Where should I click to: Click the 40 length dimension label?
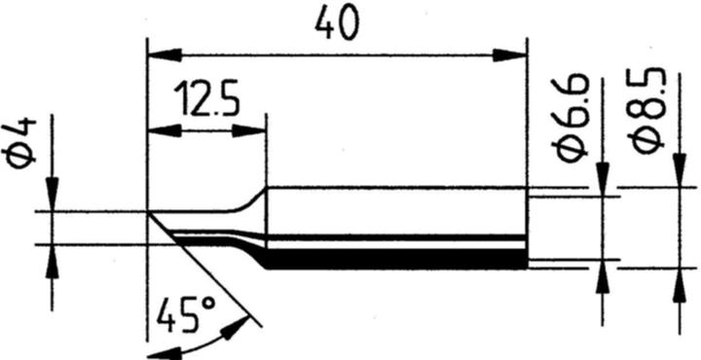tap(336, 22)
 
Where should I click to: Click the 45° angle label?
tap(184, 313)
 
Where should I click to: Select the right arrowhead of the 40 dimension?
tap(512, 55)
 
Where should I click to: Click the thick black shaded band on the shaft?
tap(389, 260)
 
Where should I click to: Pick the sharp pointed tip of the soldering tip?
tap(149, 211)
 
